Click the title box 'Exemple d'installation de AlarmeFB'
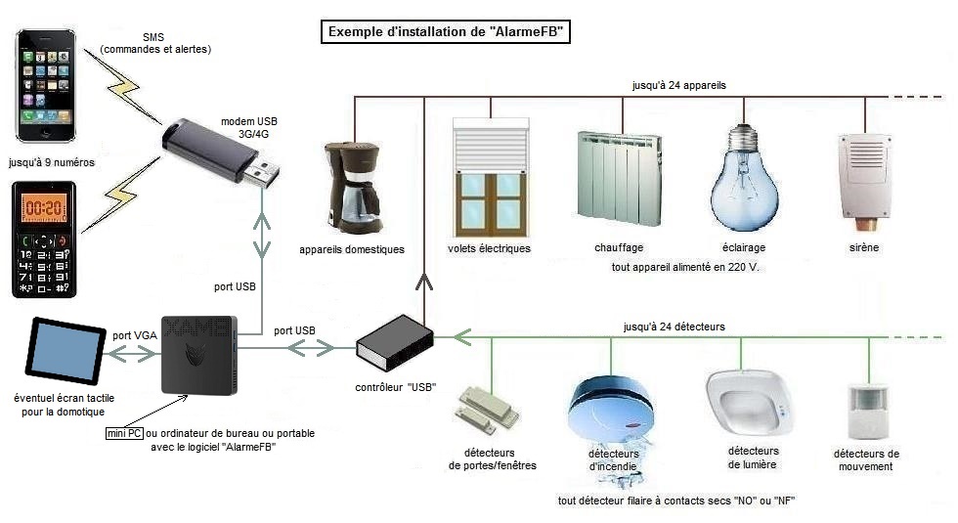click(x=446, y=32)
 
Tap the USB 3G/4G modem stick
click(x=219, y=153)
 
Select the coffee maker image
click(x=352, y=186)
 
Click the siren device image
click(x=862, y=176)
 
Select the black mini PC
click(x=199, y=354)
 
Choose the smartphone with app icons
click(x=46, y=86)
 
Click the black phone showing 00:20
click(x=44, y=240)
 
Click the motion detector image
click(x=865, y=412)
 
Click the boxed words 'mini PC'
click(x=124, y=432)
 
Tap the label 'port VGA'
click(x=134, y=335)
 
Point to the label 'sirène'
click(x=863, y=247)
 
